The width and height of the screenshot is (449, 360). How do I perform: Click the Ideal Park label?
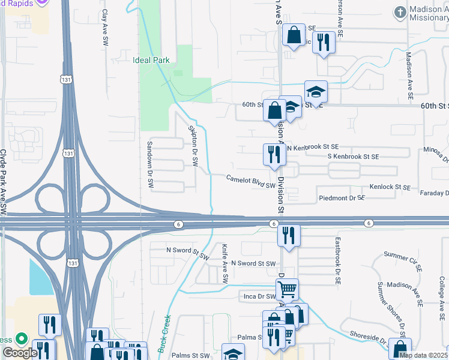point(151,60)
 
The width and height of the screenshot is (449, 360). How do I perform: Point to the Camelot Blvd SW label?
point(250,182)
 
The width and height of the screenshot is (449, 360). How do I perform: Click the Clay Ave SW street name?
point(104,29)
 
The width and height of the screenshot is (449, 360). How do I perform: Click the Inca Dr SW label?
point(258,296)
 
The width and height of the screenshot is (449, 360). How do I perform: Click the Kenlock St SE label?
point(390,188)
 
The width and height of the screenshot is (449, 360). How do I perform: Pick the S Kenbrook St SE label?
point(353,157)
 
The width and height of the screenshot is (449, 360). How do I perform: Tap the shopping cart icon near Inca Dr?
point(288,290)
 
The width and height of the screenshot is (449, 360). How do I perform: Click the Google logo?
point(19,353)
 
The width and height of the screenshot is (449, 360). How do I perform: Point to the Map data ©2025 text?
point(424,355)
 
